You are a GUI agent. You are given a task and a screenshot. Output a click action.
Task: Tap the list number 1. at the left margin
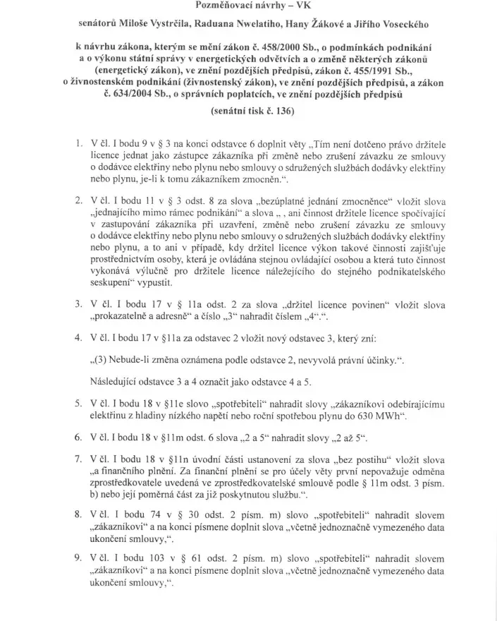pos(79,143)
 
